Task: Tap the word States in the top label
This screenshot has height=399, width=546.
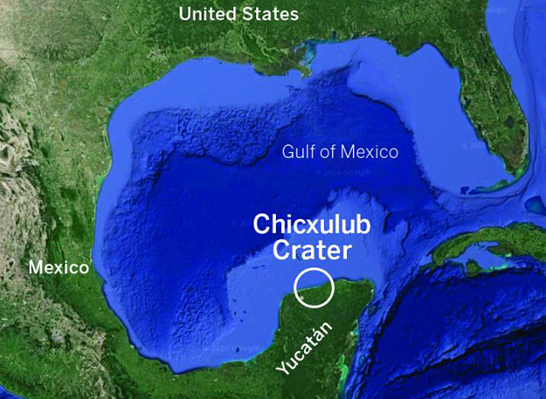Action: click(269, 14)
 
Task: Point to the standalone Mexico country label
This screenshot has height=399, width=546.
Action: click(59, 267)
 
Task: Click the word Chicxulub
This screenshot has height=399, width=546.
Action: click(312, 224)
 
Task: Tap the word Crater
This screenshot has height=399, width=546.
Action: click(312, 251)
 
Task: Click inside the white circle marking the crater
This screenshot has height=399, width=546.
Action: click(314, 287)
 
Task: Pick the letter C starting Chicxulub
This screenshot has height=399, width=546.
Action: click(261, 224)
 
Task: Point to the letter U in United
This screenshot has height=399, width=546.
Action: click(185, 14)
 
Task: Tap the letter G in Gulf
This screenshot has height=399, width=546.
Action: click(288, 152)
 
